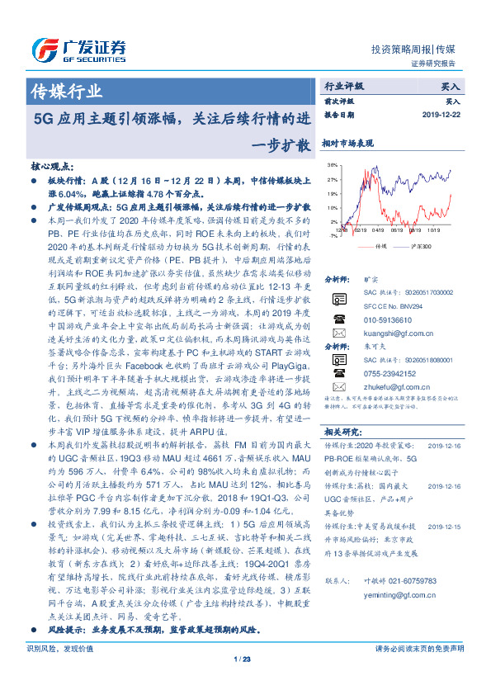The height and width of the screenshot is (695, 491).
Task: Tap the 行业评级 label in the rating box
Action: pos(344,85)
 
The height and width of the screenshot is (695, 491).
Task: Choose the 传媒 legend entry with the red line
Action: pos(371,246)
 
